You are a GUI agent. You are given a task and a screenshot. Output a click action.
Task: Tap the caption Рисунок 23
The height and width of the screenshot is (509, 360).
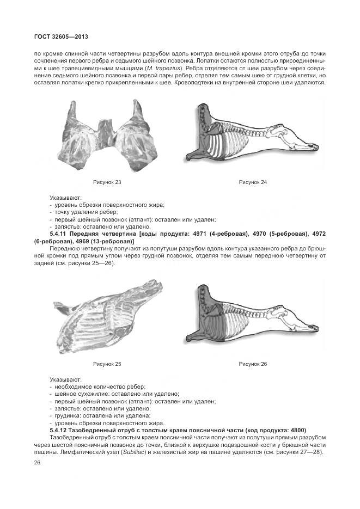(x=107, y=182)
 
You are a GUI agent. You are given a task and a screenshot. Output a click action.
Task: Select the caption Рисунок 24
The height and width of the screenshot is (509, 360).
(x=253, y=182)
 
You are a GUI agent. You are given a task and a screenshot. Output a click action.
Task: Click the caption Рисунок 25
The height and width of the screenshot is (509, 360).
(x=107, y=364)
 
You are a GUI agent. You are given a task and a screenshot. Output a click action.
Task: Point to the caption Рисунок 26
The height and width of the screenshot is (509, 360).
(x=253, y=364)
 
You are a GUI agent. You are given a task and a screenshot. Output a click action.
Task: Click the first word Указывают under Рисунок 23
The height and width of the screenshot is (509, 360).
(x=66, y=198)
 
